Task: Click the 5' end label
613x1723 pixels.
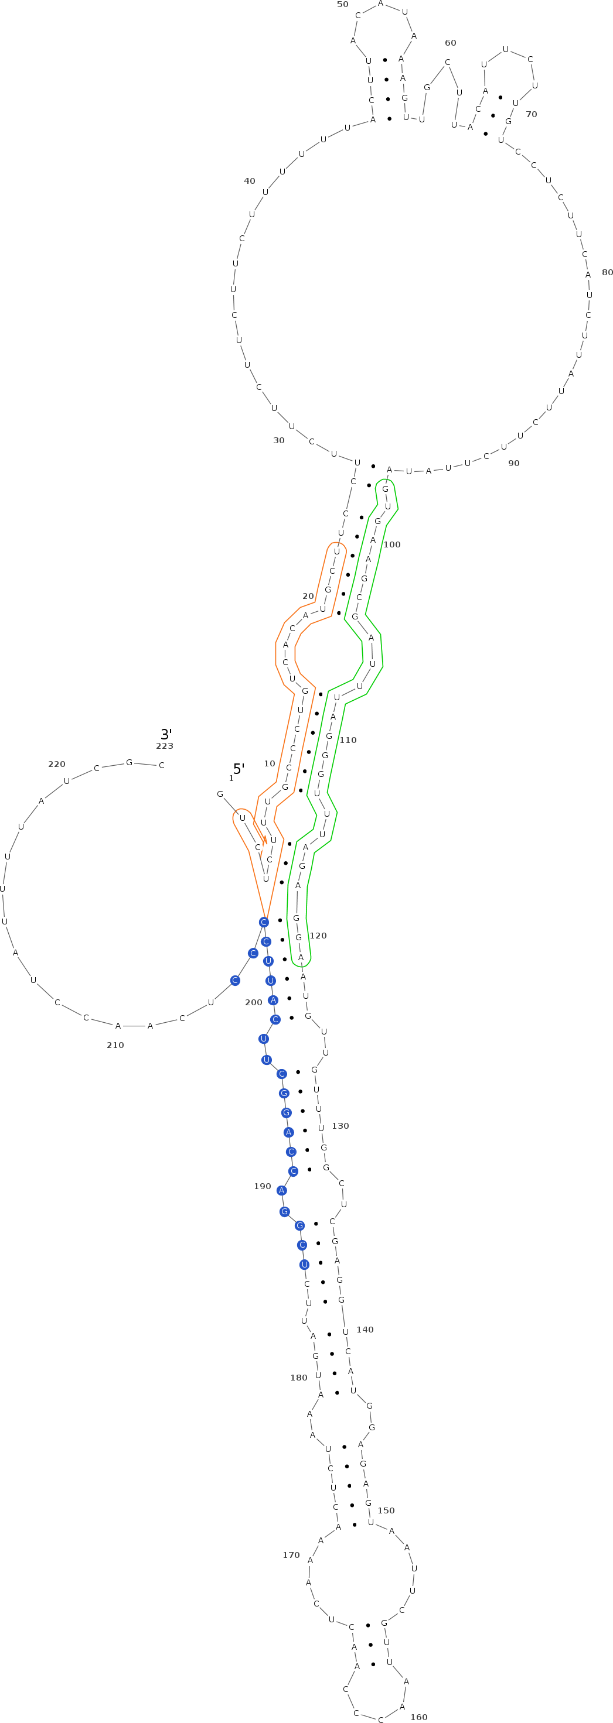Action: pos(239,769)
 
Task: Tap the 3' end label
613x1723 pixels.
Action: pos(166,734)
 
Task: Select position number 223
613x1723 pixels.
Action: pos(165,746)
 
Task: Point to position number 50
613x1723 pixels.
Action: pos(343,4)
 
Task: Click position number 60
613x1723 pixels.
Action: pos(451,43)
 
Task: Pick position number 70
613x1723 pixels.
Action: pos(532,114)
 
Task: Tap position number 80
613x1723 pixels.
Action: pos(608,272)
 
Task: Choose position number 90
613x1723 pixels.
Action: pos(514,463)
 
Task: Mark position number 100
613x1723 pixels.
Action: pos(392,544)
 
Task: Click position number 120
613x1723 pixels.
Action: pos(318,936)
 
